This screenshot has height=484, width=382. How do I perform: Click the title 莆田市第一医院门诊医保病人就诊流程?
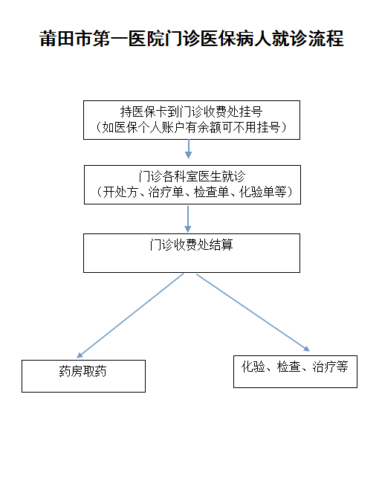[191, 38]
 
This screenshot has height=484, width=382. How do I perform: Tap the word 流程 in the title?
[326, 38]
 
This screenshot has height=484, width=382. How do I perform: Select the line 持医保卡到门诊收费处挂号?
[191, 112]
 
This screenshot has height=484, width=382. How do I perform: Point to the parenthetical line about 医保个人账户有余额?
[191, 127]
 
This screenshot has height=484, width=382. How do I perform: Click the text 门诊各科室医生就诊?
[192, 176]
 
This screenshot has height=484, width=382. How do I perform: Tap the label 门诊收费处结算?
[191, 245]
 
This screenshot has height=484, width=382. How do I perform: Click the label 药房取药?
[82, 371]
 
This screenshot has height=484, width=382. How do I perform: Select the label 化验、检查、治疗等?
[295, 367]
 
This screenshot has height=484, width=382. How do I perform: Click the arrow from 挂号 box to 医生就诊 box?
[189, 149]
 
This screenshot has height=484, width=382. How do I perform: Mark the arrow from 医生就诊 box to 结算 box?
[188, 219]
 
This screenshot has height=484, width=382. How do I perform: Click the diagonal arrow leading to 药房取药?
[130, 316]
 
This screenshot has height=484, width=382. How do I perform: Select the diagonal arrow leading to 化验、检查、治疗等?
[253, 313]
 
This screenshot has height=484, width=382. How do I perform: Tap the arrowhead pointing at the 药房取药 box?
[80, 355]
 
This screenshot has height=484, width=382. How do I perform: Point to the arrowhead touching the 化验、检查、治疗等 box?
[307, 349]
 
